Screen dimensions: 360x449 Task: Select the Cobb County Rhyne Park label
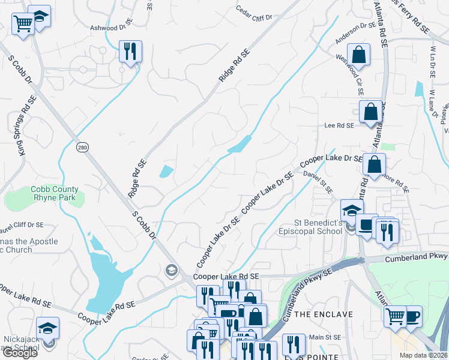55,193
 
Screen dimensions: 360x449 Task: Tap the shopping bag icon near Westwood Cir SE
358,54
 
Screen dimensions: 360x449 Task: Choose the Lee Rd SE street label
339,126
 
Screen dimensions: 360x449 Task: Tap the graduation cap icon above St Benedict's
351,210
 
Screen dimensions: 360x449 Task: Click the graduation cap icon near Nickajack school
48,328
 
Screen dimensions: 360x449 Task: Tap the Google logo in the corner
20,353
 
